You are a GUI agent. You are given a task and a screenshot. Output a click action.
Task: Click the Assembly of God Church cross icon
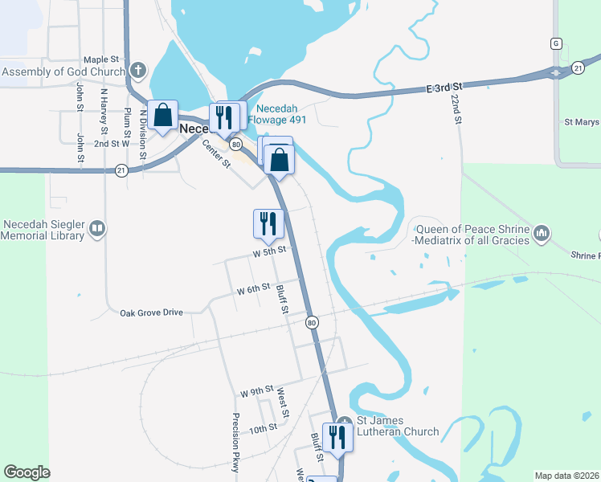[138, 71]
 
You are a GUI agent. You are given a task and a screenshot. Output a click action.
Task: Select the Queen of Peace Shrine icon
[542, 234]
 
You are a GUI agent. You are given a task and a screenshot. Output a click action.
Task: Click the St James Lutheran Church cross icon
[344, 421]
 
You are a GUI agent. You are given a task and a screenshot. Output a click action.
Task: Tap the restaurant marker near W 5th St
[268, 223]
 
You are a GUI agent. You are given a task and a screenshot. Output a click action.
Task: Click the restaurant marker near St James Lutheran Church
[337, 437]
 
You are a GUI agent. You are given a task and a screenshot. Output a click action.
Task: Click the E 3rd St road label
[446, 87]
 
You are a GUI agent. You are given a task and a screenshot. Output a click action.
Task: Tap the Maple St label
[101, 59]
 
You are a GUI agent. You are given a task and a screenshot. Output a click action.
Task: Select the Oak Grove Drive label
[151, 312]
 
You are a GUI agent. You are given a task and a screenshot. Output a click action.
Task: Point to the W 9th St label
[257, 392]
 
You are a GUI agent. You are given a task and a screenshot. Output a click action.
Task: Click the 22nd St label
[456, 108]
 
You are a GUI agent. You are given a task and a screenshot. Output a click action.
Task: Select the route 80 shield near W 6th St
[312, 322]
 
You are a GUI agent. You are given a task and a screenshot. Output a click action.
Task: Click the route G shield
[555, 43]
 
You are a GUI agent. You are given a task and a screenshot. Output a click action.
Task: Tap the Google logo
[27, 472]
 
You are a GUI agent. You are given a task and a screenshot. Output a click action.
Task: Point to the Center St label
[217, 153]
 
